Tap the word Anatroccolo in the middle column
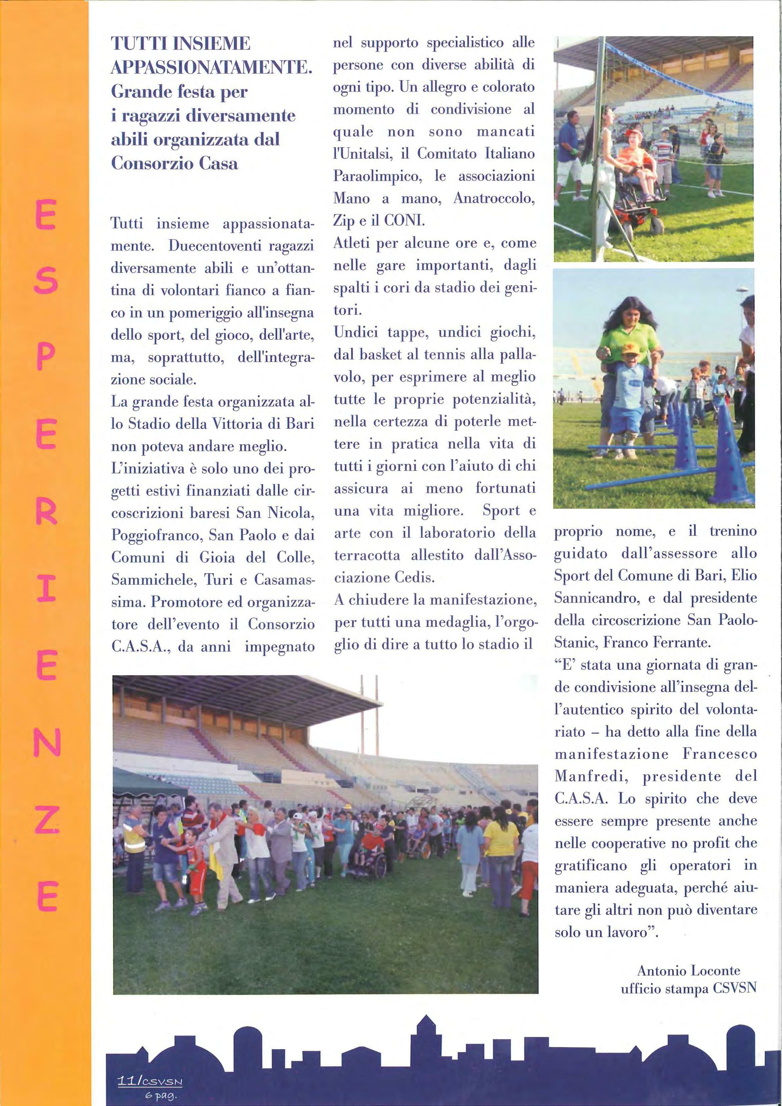[494, 198]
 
